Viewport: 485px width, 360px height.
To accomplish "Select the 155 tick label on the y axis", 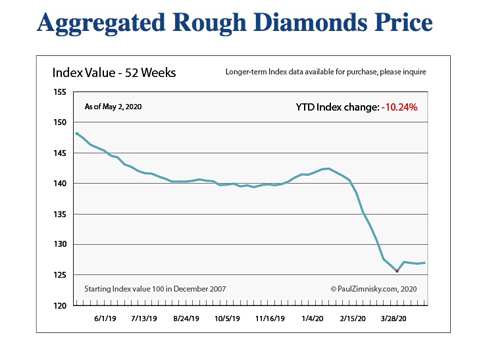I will point(60,92).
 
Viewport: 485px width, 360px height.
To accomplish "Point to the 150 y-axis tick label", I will point(60,122).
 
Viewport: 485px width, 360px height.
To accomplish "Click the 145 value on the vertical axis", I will point(60,153).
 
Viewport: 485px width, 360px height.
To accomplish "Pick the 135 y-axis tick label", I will point(60,214).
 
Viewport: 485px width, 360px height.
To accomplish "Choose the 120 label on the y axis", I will point(60,305).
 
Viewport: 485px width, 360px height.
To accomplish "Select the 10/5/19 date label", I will point(228,318).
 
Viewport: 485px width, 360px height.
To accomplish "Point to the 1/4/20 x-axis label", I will point(312,318).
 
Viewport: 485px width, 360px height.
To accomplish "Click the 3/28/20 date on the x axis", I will point(396,318).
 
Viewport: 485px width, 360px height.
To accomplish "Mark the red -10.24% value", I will point(399,107).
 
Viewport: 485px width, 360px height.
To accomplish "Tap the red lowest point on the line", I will point(397,270).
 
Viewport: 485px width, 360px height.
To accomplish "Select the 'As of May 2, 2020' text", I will point(114,106).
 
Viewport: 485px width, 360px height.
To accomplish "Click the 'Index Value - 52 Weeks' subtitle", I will point(114,72).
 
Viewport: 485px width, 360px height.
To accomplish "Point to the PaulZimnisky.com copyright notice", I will point(373,288).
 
